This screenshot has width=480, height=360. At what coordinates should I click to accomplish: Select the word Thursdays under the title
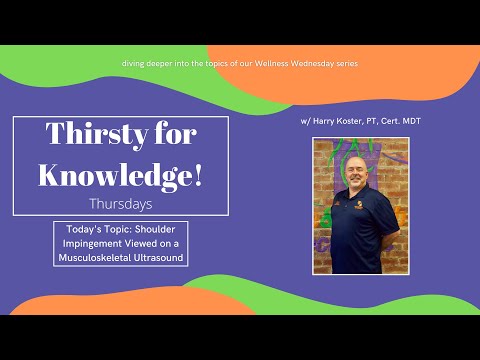coord(120,204)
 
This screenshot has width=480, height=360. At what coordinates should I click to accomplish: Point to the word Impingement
coord(88,244)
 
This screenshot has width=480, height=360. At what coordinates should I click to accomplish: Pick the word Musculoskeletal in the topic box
coord(95,258)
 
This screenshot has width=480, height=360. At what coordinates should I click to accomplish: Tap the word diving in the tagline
coord(135,64)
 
